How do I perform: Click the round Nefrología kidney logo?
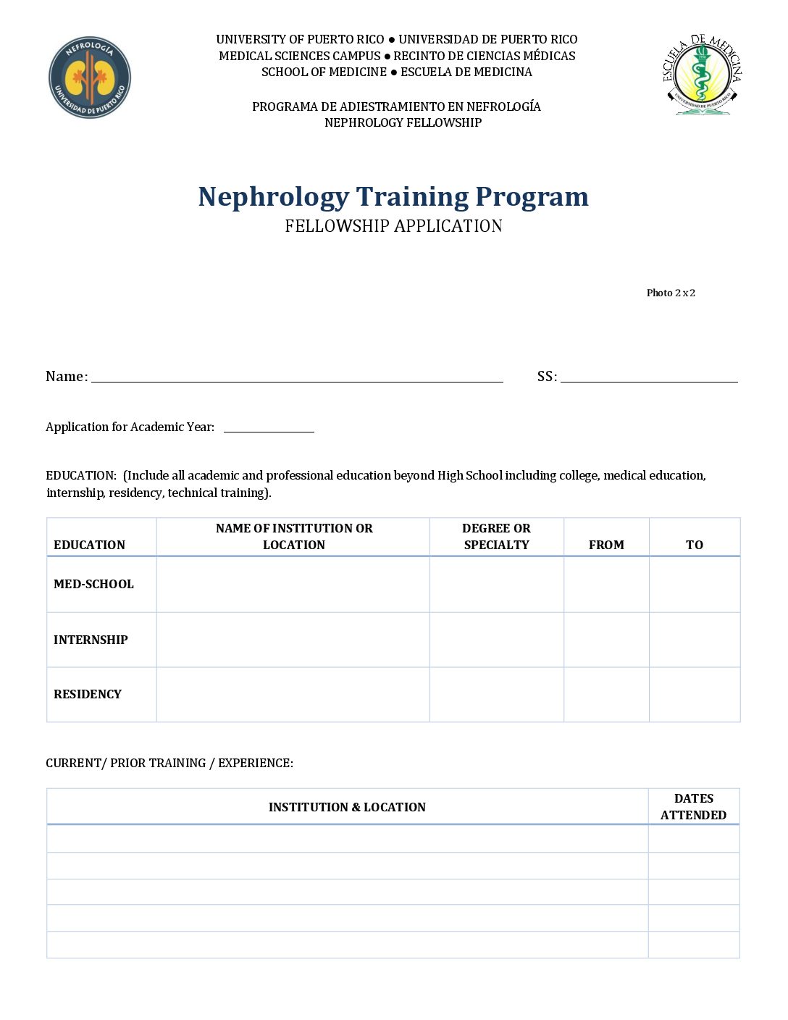tap(90, 78)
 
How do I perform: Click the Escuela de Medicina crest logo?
tap(701, 75)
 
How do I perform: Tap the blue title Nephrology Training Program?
tap(393, 197)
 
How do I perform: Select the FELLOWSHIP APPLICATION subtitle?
tap(393, 226)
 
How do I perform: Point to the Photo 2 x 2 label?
tap(671, 293)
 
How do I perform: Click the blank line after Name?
tap(297, 377)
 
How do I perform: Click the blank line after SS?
tap(649, 377)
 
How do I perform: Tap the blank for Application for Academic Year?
tap(269, 427)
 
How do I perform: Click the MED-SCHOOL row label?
tap(93, 584)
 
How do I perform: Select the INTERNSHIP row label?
tap(91, 640)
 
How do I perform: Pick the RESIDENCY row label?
tap(88, 694)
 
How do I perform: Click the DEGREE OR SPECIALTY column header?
tap(496, 537)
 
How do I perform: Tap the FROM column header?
tap(606, 545)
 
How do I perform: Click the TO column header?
tap(695, 545)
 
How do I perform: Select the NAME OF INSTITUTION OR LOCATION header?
tap(294, 537)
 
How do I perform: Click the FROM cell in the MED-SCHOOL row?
tap(606, 584)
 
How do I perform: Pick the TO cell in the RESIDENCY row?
tap(695, 694)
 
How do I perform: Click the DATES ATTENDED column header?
tap(694, 806)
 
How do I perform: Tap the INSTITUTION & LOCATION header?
tap(347, 807)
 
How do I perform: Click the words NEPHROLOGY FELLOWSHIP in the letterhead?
tap(403, 122)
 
